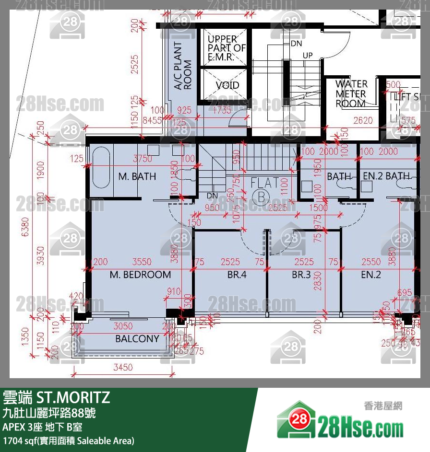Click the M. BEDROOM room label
click(140, 275)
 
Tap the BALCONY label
click(137, 339)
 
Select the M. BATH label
click(137, 176)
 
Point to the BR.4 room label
click(237, 275)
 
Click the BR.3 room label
click(301, 275)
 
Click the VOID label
click(227, 86)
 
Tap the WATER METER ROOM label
click(351, 94)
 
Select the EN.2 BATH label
click(386, 176)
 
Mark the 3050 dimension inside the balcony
click(123, 326)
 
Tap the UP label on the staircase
click(308, 56)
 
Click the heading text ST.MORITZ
click(72, 397)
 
